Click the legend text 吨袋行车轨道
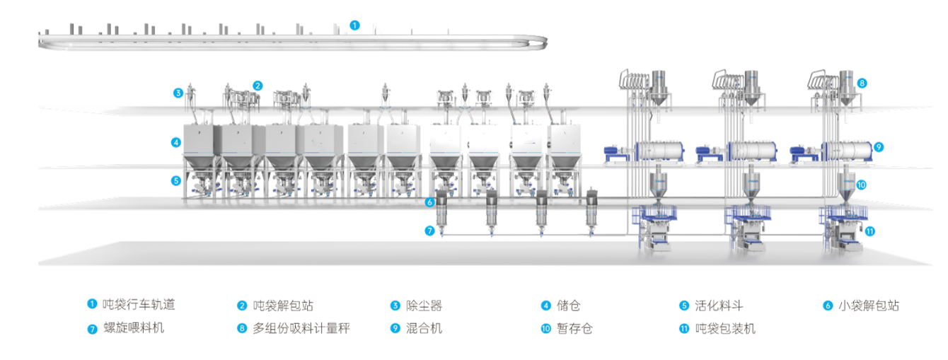tap(139, 305)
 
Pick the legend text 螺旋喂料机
tap(134, 328)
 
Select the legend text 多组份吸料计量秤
tap(301, 328)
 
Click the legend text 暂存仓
tap(574, 328)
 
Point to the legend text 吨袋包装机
tap(725, 328)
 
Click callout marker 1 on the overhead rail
tap(354, 25)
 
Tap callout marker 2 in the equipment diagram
tap(258, 86)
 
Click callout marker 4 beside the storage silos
tap(175, 142)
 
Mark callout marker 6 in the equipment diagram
tap(429, 202)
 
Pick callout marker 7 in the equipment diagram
tap(429, 231)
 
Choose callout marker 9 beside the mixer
tap(879, 147)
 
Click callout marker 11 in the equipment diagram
tap(870, 231)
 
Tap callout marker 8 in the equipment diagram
tap(862, 83)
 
